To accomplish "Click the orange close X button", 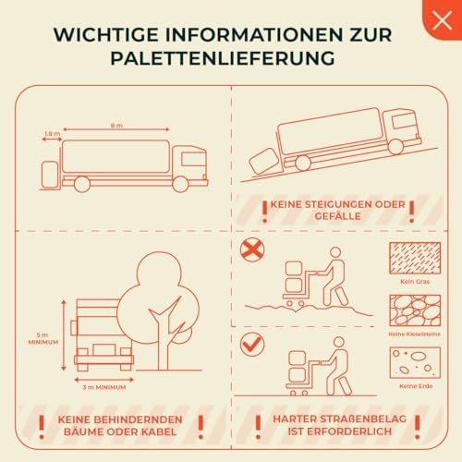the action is (443, 20).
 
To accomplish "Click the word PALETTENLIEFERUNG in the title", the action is (223, 58).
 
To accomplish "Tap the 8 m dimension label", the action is (116, 126).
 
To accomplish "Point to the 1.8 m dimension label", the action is (53, 134).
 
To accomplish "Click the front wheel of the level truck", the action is (180, 184).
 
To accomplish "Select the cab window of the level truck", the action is (193, 160).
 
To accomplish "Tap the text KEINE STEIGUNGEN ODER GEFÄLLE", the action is (338, 211).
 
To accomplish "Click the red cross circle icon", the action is (252, 249).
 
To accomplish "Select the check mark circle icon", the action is (252, 344).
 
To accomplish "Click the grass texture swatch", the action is (415, 258).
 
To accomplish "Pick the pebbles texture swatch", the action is (415, 310).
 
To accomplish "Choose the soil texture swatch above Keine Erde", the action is (415, 363).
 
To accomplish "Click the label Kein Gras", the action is (415, 282).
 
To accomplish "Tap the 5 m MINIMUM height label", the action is (43, 338).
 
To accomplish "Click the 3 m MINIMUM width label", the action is (104, 387).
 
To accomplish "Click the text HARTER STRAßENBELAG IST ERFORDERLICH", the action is (339, 425).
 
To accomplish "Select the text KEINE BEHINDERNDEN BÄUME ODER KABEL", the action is (120, 425).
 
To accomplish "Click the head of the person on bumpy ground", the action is (335, 252).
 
